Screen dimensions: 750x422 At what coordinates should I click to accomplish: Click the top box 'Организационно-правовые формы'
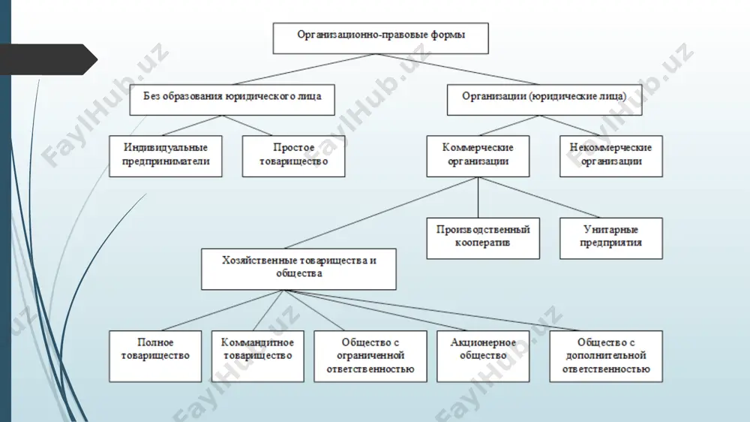(x=381, y=38)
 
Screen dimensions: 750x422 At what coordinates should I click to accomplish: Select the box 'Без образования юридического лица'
(x=232, y=100)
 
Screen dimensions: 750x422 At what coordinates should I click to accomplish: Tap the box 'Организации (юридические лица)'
(x=544, y=100)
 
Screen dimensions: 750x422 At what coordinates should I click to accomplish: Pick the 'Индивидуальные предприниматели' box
(x=166, y=156)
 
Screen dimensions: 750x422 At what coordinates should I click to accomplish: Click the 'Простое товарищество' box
(x=294, y=156)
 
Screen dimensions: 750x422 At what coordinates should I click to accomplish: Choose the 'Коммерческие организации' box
(x=478, y=156)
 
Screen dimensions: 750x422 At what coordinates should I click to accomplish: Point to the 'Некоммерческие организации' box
(x=610, y=156)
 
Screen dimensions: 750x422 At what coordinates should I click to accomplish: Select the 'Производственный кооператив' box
(x=483, y=238)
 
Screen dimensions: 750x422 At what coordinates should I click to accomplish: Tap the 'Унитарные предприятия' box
(x=610, y=238)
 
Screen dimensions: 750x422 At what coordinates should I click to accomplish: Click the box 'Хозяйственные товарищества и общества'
(x=298, y=269)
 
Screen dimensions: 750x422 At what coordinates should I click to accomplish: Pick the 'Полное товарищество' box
(x=155, y=356)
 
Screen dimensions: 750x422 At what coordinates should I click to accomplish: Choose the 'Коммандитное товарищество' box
(x=258, y=356)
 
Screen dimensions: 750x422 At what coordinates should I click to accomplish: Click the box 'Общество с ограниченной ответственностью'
(x=370, y=356)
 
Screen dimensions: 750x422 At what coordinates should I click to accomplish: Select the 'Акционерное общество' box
(x=483, y=356)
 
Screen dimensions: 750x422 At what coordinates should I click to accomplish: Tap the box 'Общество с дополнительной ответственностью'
(x=606, y=356)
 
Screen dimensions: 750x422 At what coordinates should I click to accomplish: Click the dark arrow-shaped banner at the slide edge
(x=48, y=59)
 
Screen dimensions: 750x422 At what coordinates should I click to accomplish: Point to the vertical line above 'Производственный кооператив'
(x=478, y=197)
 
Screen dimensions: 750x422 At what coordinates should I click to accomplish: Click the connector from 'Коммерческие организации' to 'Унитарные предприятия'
(x=538, y=197)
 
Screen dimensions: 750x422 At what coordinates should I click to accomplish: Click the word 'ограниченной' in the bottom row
(x=370, y=355)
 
